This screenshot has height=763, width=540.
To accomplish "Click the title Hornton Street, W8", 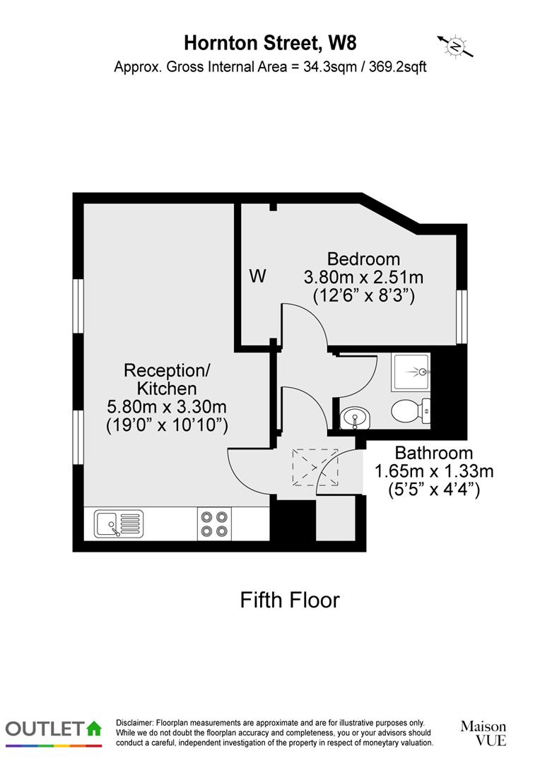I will pyautogui.click(x=270, y=43).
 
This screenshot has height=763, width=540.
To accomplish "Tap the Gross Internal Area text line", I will pyautogui.click(x=270, y=68).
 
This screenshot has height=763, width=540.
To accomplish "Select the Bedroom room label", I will pyautogui.click(x=363, y=259).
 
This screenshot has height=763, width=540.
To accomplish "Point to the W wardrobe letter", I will pyautogui.click(x=258, y=276).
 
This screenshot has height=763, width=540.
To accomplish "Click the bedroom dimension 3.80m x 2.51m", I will pyautogui.click(x=363, y=277).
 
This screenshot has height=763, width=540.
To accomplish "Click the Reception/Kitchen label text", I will pyautogui.click(x=167, y=379).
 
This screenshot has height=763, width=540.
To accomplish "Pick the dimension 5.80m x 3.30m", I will pyautogui.click(x=167, y=406).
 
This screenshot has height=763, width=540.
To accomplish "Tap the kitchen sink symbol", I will pyautogui.click(x=118, y=524).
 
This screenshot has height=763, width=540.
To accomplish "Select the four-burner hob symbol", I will pyautogui.click(x=214, y=524).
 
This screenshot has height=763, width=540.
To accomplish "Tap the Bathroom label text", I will pyautogui.click(x=434, y=453).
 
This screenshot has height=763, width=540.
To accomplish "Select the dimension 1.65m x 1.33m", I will pyautogui.click(x=434, y=471).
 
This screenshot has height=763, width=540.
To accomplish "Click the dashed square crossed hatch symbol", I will pyautogui.click(x=315, y=468).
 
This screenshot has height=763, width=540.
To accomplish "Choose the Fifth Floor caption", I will pyautogui.click(x=290, y=600).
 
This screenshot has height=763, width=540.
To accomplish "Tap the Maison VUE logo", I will pyautogui.click(x=483, y=733).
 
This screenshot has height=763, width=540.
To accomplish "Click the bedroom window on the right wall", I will pyautogui.click(x=462, y=317).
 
